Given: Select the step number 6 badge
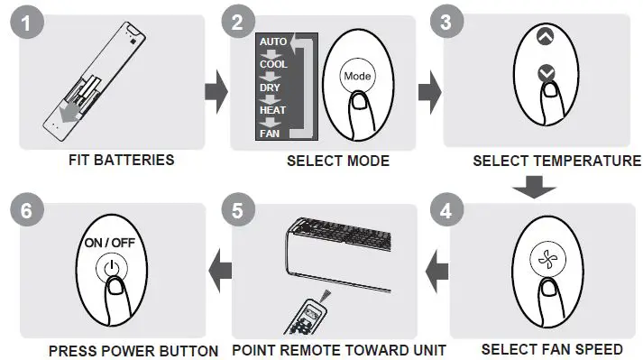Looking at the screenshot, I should click(27, 213).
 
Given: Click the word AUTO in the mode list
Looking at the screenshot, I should click(272, 42).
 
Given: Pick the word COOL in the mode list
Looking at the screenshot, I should click(272, 65).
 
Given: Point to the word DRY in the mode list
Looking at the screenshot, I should click(270, 88).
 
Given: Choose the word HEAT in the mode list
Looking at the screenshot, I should click(272, 110).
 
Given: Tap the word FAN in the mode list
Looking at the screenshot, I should click(270, 134).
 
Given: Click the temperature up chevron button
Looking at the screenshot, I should click(544, 39).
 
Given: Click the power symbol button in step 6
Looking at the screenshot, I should click(110, 268).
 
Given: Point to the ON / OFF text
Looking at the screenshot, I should click(110, 244).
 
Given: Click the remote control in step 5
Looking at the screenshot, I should click(311, 315).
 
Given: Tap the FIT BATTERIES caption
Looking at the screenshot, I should click(121, 161).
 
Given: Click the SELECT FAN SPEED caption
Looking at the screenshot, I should click(539, 348).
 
